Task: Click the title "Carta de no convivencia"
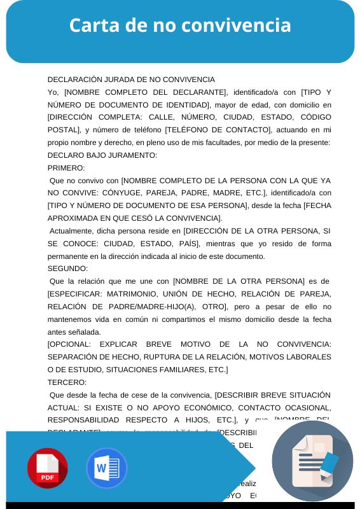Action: pyautogui.click(x=180, y=25)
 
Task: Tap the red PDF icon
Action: pyautogui.click(x=47, y=468)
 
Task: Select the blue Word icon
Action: pyautogui.click(x=106, y=468)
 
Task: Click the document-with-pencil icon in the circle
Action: pyautogui.click(x=312, y=461)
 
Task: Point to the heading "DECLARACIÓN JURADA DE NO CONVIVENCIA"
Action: pyautogui.click(x=131, y=80)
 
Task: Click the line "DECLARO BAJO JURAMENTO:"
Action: pyautogui.click(x=102, y=155)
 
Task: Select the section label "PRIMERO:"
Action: pyautogui.click(x=66, y=168)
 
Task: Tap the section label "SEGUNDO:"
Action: pyautogui.click(x=67, y=268)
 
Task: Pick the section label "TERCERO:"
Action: pyautogui.click(x=67, y=382)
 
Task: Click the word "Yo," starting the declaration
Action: pyautogui.click(x=53, y=92)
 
